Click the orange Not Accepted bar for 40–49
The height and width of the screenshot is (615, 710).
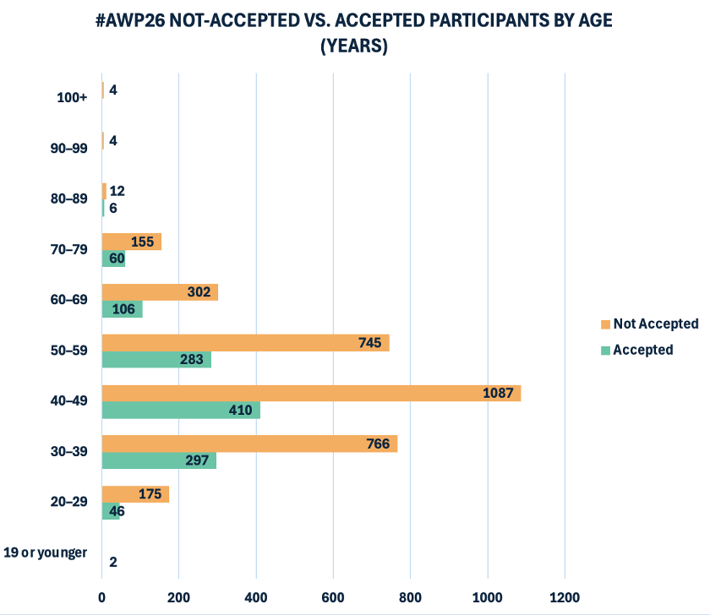311,394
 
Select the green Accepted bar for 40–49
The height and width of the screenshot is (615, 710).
181,411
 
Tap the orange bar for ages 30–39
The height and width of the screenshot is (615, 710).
249,444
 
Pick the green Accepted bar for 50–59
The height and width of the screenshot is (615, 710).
156,360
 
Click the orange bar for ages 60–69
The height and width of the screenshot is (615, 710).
160,292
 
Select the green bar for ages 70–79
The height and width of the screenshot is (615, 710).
113,259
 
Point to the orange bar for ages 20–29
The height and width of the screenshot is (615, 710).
135,494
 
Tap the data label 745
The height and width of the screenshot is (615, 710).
369,343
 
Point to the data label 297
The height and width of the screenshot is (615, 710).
196,461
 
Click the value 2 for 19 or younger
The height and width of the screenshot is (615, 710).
113,562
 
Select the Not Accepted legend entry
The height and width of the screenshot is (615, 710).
655,324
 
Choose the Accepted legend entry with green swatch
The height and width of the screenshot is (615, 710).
642,350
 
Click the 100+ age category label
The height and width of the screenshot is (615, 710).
72,98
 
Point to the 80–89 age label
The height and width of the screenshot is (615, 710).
69,199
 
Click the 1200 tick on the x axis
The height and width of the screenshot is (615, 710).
564,597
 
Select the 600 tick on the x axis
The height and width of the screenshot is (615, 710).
333,597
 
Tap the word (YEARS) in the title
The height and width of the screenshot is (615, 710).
354,47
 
